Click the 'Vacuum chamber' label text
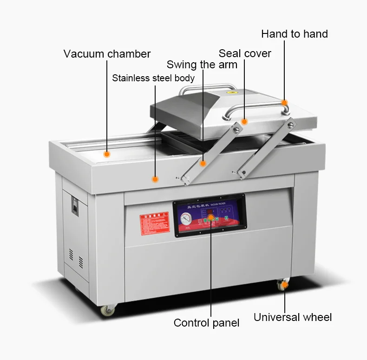(x=107, y=54)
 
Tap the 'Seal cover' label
(x=245, y=53)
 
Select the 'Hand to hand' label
(x=294, y=34)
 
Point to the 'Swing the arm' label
(x=202, y=65)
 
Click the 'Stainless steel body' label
(x=153, y=78)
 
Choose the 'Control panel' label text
(x=206, y=323)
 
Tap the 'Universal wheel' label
(x=293, y=317)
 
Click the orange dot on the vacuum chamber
(x=107, y=154)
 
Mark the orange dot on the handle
(x=284, y=103)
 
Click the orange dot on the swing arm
(x=203, y=163)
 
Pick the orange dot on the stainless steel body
(x=155, y=178)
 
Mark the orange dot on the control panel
(x=210, y=216)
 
